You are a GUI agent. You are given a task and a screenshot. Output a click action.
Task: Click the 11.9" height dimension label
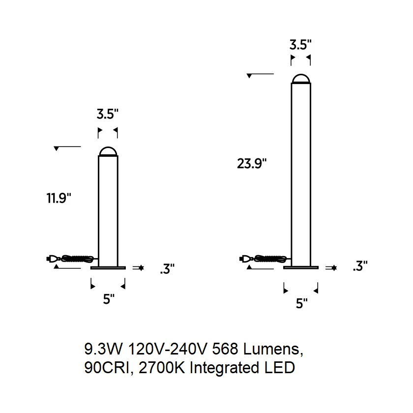(59, 198)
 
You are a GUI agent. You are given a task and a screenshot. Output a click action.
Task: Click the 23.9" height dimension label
(252, 163)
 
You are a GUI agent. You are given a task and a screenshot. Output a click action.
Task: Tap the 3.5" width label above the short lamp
(108, 114)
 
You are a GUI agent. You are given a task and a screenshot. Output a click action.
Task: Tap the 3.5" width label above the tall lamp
(300, 45)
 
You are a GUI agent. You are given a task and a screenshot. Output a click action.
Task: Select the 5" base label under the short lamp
(109, 299)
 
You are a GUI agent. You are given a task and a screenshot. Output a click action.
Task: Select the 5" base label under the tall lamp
(302, 303)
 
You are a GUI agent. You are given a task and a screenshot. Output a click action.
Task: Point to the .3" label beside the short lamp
(167, 268)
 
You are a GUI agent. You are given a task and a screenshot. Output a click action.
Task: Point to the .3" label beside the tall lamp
(360, 265)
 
